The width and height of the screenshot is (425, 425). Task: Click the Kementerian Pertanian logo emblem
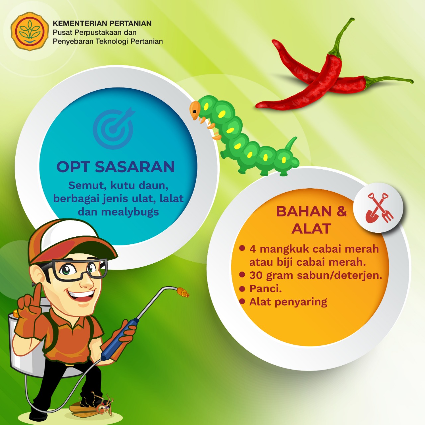(x=30, y=31)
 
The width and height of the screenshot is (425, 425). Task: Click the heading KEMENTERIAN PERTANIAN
(x=102, y=23)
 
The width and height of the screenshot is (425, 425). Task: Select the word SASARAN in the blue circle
(x=135, y=167)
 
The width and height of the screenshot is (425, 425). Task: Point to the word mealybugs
(x=130, y=212)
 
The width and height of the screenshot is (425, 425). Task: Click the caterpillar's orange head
(x=195, y=110)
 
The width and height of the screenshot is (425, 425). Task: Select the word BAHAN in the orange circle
(x=304, y=211)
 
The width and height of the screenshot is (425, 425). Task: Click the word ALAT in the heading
(x=311, y=228)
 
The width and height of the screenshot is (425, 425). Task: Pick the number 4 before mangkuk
(x=253, y=249)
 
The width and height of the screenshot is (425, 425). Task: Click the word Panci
(x=266, y=289)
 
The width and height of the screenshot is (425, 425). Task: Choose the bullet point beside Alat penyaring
(x=242, y=301)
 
